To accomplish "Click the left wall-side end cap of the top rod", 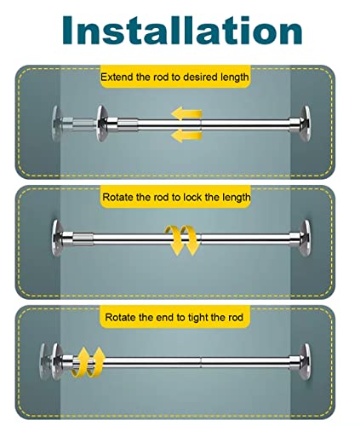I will click(x=56, y=123).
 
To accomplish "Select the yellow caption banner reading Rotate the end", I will click(x=175, y=317).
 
